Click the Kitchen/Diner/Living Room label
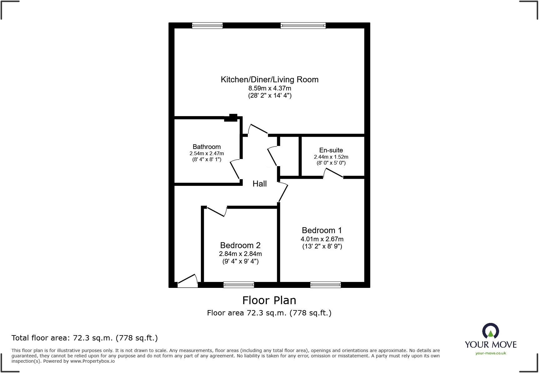pos(269,79)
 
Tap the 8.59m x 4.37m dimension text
pos(269,88)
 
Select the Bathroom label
pos(207,147)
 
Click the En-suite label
pos(331,150)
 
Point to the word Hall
pos(259,184)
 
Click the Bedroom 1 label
pos(322,230)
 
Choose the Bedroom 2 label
pos(240,245)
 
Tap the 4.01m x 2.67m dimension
pos(322,239)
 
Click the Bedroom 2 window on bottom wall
pos(239,284)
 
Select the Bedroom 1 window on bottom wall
pos(325,284)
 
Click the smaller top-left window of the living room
pos(207,26)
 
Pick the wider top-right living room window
pos(303,26)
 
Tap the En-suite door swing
pos(333,173)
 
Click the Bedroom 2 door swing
pos(217,212)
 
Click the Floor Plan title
pos(269,300)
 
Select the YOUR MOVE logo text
pos(491,345)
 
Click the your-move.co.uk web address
pos(491,353)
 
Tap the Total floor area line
pos(84,338)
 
